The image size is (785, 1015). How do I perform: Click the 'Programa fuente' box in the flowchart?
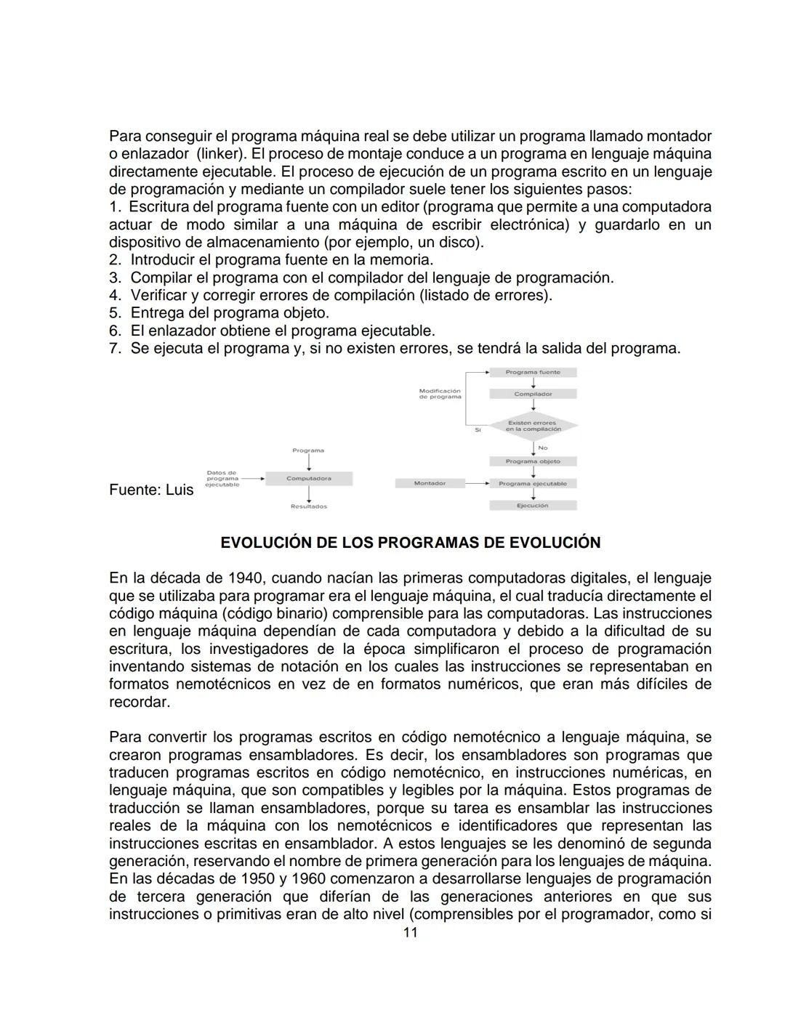pos(533,372)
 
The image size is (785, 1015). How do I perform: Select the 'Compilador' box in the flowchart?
pos(533,394)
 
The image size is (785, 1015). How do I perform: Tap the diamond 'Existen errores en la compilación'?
pos(533,426)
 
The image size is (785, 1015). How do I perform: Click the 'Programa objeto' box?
pos(533,461)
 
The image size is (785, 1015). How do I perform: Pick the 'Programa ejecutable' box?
pos(533,483)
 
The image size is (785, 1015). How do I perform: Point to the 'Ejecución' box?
pos(533,505)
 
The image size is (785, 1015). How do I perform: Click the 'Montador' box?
pos(430,483)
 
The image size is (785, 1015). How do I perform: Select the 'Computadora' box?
pos(309,479)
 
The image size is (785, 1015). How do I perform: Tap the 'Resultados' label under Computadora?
pos(309,506)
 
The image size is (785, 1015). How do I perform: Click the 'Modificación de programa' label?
pos(440,394)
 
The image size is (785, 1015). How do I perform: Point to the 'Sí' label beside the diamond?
pos(478,430)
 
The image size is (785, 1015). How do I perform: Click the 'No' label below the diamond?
pos(543,448)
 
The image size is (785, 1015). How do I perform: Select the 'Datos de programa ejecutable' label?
pos(222,479)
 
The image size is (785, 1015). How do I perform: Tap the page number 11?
pos(410,932)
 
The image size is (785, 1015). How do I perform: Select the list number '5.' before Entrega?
pos(115,313)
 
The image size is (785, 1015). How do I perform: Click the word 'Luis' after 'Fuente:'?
pos(180,490)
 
